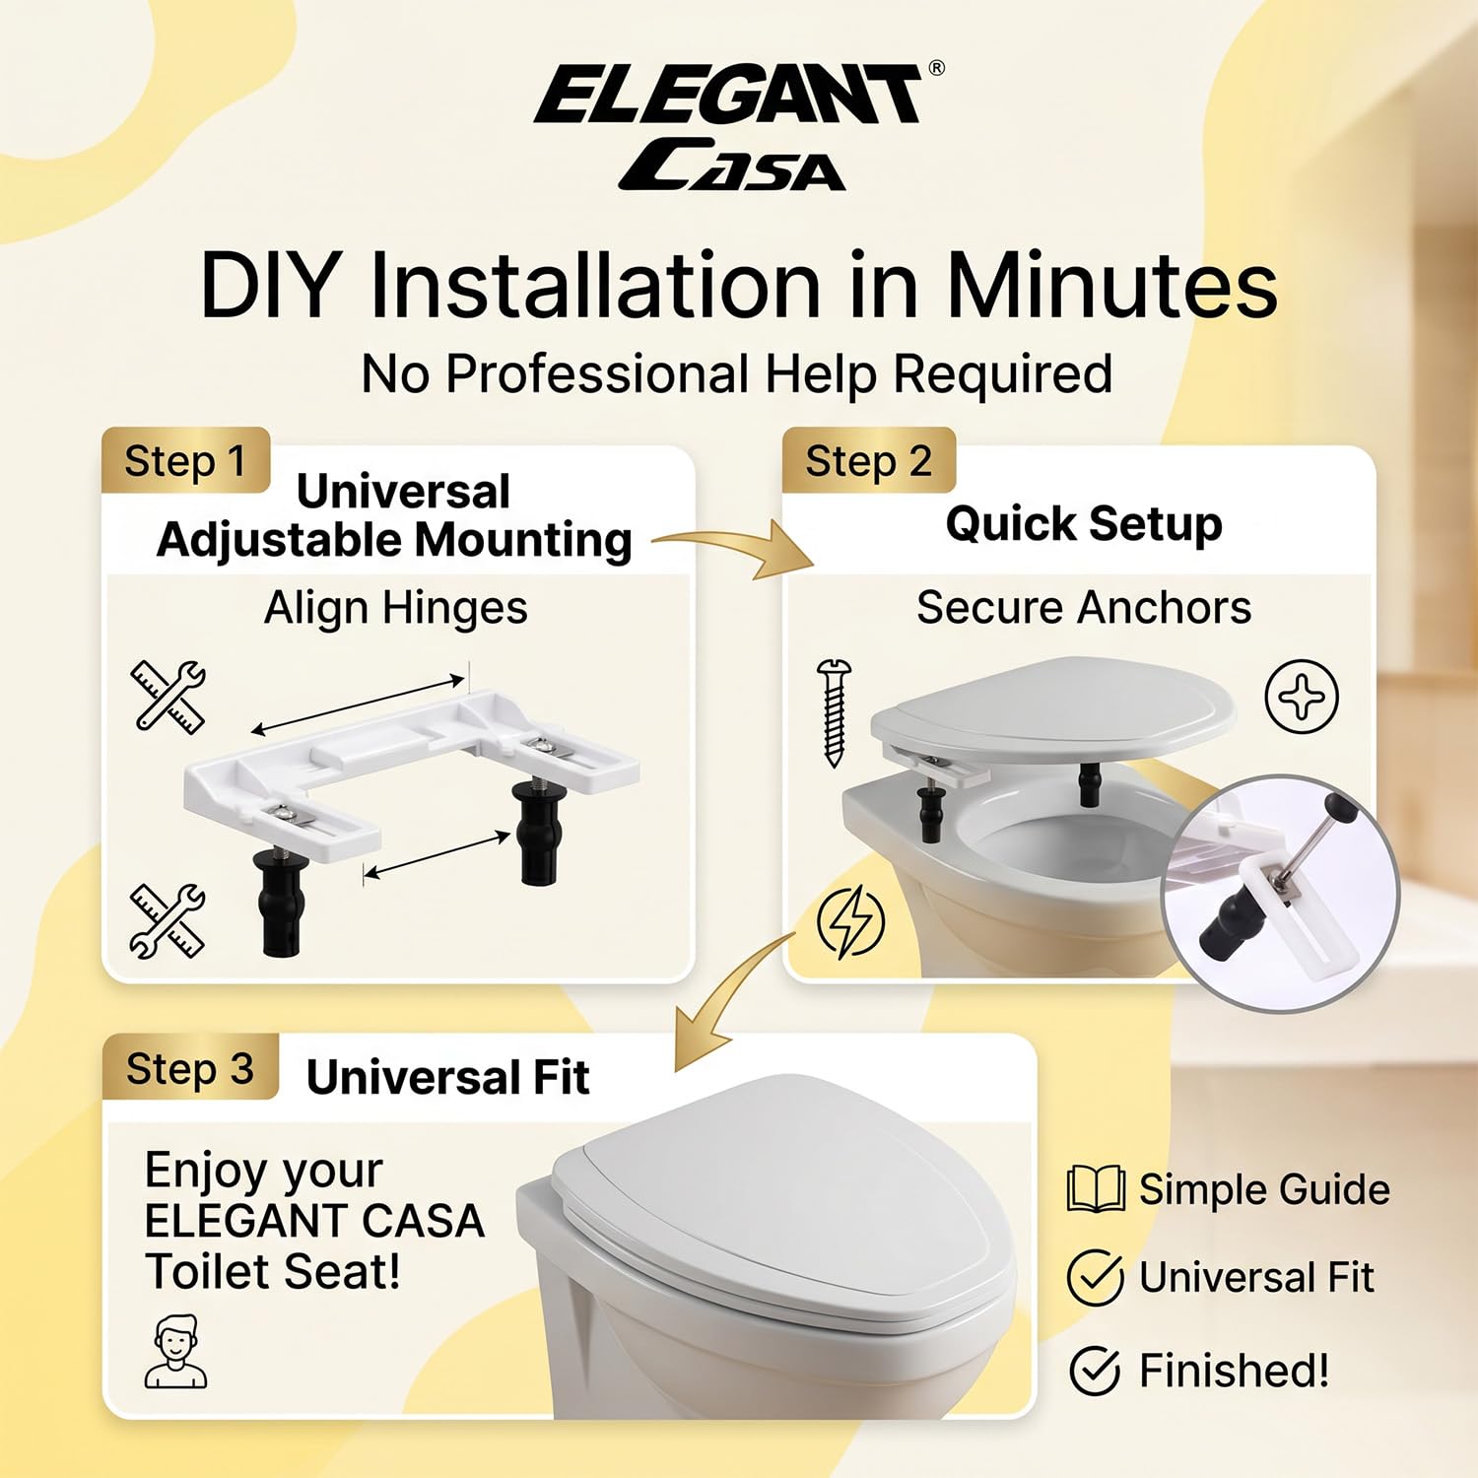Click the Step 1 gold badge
point(185,460)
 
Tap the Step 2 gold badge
point(868,460)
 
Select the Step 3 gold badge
point(190,1067)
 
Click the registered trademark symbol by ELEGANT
point(936,68)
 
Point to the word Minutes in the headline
point(1111,286)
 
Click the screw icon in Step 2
point(834,712)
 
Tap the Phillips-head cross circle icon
point(1302,696)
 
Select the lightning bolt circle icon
point(850,921)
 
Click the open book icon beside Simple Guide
point(1096,1188)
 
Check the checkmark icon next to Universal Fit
point(1095,1277)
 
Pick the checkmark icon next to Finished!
point(1095,1370)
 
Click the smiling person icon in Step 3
point(175,1351)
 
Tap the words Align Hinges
point(396,608)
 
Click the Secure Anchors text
point(1084,607)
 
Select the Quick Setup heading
point(1084,523)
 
